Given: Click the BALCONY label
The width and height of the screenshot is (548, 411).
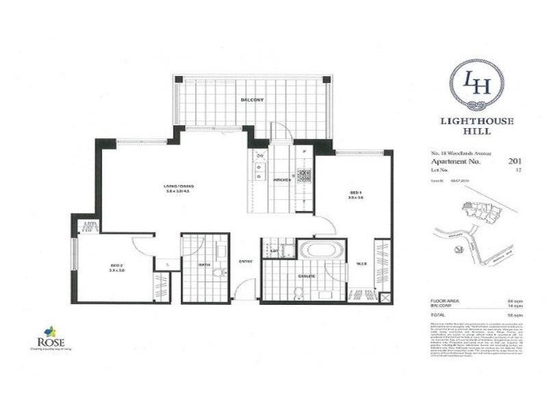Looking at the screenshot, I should [252, 101].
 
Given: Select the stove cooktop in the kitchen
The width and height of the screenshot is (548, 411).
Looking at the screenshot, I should [303, 175].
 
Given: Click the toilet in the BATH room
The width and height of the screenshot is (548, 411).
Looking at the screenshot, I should [218, 273].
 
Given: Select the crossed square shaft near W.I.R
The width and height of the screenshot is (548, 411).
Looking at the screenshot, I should [384, 298].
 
